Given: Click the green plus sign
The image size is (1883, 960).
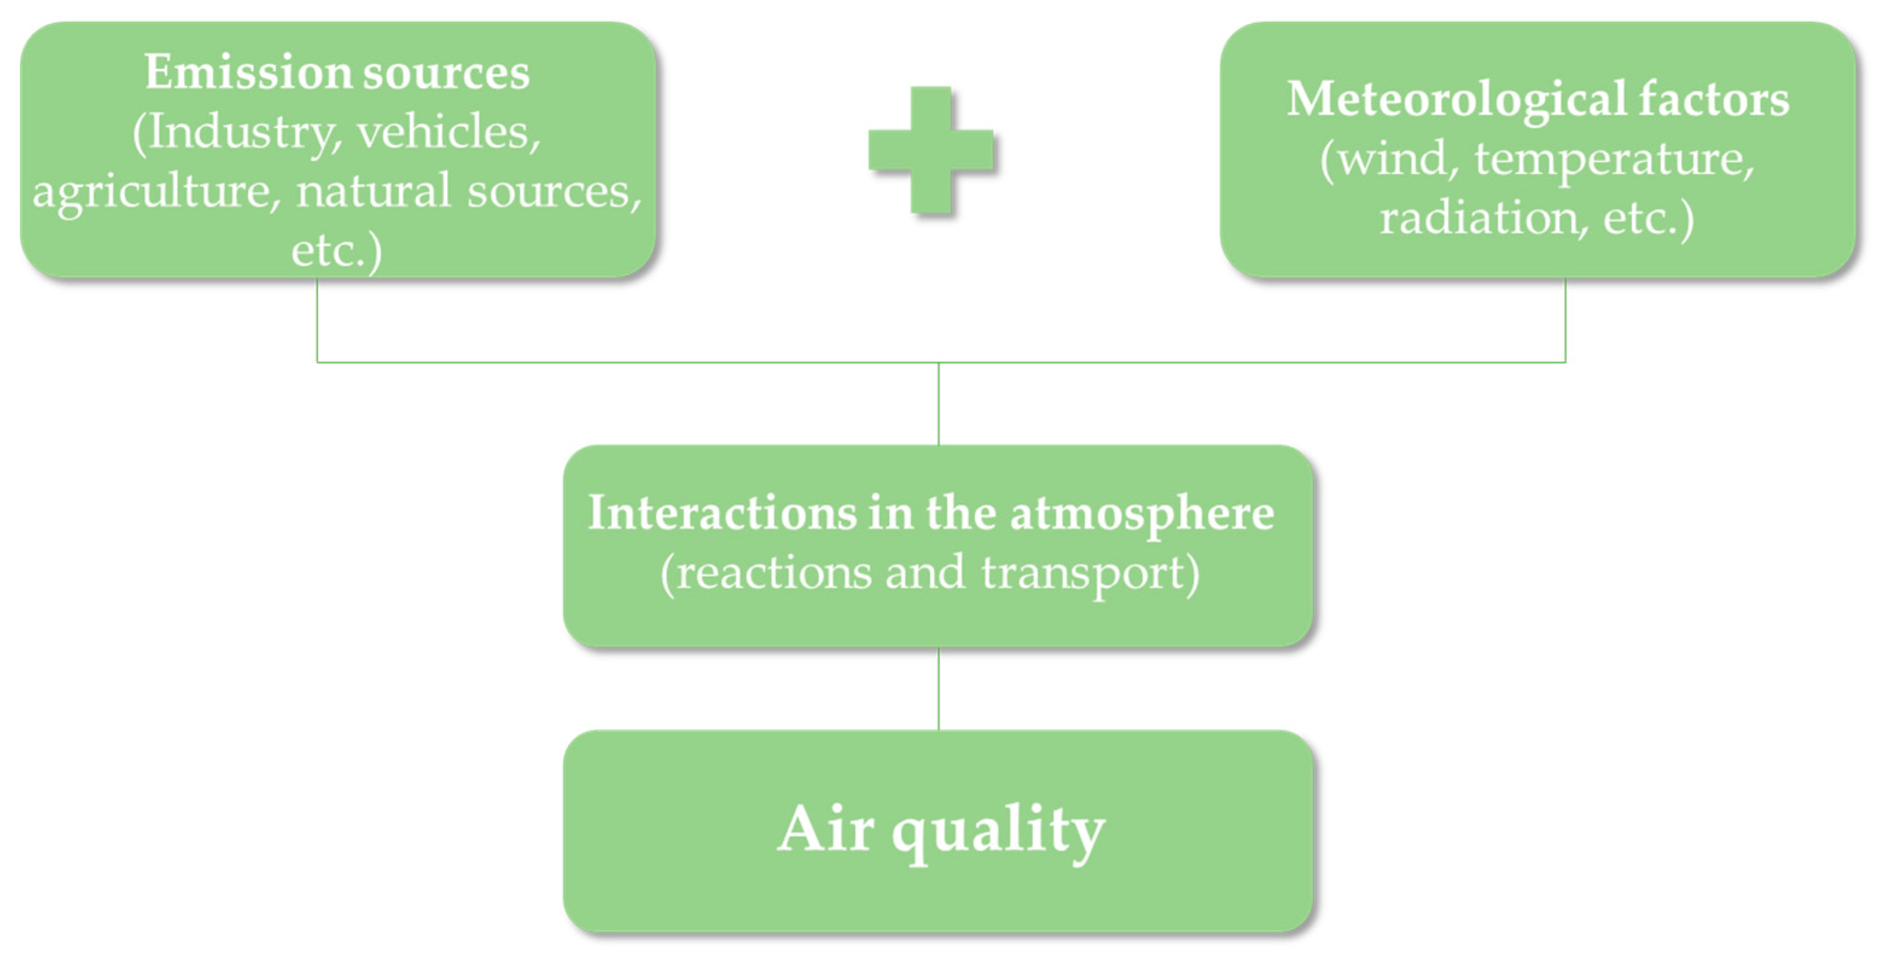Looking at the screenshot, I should click(931, 150).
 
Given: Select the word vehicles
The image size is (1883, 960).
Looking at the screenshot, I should click(448, 132).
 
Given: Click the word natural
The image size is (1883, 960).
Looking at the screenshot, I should click(373, 191).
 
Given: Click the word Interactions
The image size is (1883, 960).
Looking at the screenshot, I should click(722, 513).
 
